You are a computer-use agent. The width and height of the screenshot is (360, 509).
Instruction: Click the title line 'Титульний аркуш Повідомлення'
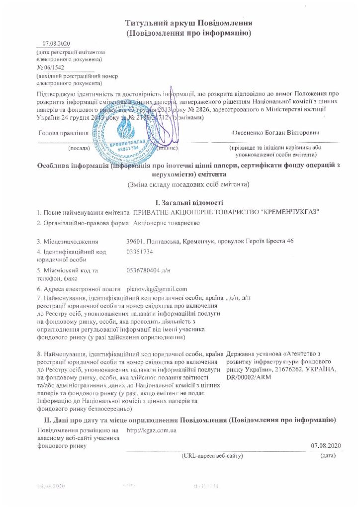pos(189,23)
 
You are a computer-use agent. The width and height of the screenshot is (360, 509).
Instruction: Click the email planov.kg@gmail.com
pos(157,289)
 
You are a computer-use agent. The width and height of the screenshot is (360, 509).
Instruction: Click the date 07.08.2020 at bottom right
pos(324,444)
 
